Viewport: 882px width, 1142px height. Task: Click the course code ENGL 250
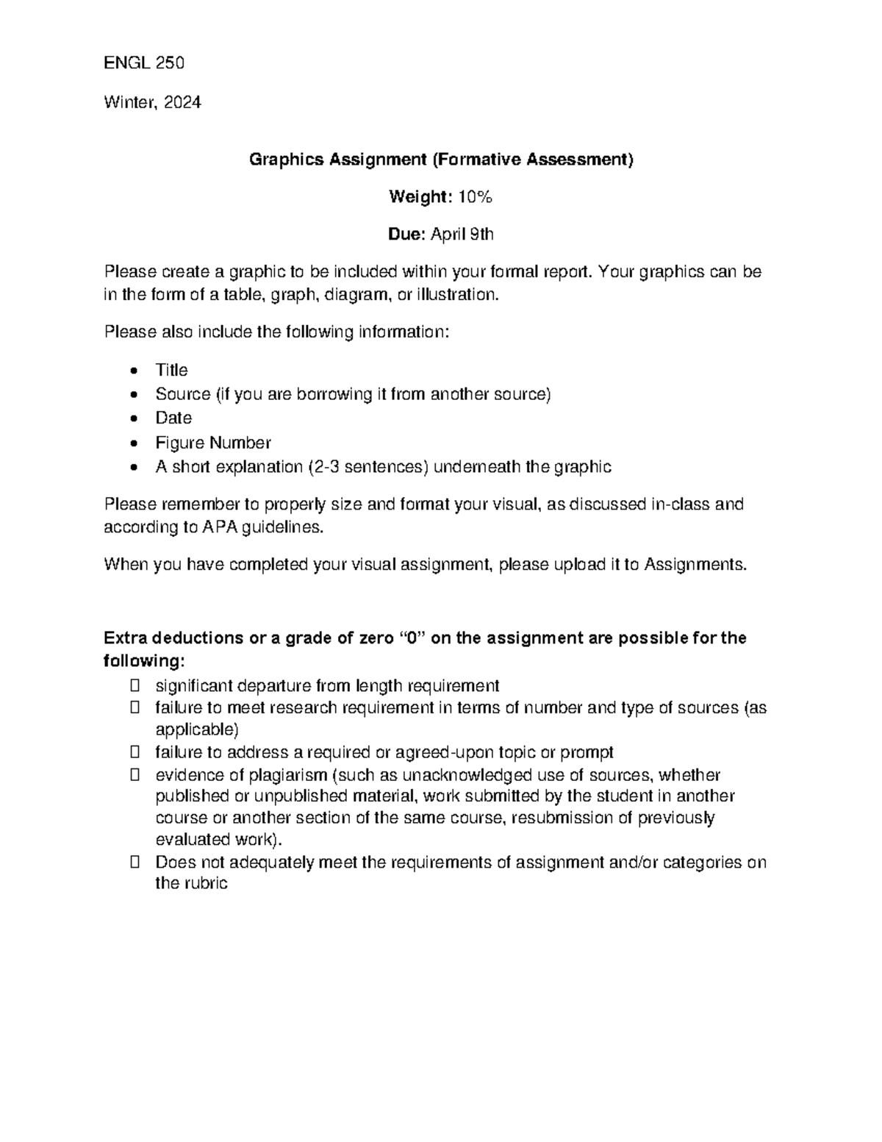click(x=144, y=63)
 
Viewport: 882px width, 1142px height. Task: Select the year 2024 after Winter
click(x=182, y=102)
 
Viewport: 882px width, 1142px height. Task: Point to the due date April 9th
click(x=462, y=235)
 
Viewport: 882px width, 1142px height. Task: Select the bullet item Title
click(x=171, y=370)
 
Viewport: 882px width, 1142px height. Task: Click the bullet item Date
click(x=173, y=418)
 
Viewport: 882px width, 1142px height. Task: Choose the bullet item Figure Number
click(x=213, y=443)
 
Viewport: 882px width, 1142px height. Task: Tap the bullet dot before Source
click(x=133, y=395)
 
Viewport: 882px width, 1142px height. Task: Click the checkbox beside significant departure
click(x=135, y=686)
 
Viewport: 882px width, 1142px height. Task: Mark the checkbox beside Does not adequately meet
click(x=135, y=863)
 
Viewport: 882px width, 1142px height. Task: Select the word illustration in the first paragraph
click(x=457, y=295)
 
